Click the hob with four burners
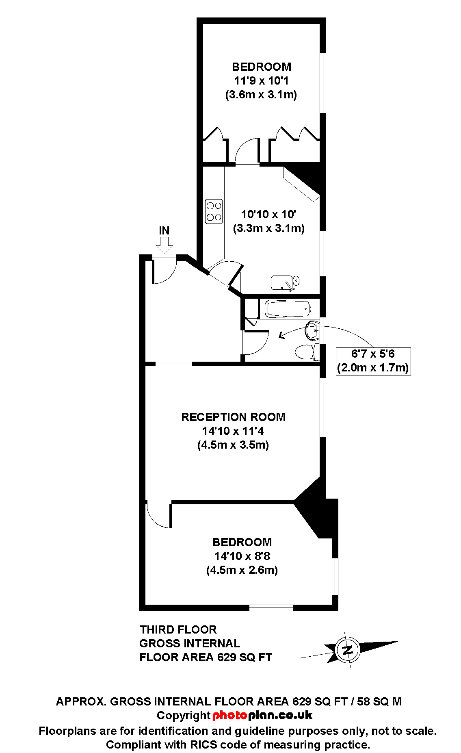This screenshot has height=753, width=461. (214, 211)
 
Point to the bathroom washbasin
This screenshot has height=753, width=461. (312, 330)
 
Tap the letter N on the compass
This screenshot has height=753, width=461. (347, 650)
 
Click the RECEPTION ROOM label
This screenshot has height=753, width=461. (233, 417)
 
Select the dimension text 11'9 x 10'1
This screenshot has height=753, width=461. (261, 80)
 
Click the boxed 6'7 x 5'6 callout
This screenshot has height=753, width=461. (373, 361)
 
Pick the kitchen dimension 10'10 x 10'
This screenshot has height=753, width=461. (268, 214)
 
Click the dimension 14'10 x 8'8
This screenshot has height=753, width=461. (242, 556)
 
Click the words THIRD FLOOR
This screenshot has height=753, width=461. (178, 629)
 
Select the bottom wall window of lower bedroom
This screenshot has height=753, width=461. (271, 608)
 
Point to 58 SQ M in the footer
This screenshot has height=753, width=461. (379, 701)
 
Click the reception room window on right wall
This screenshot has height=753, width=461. (323, 407)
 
